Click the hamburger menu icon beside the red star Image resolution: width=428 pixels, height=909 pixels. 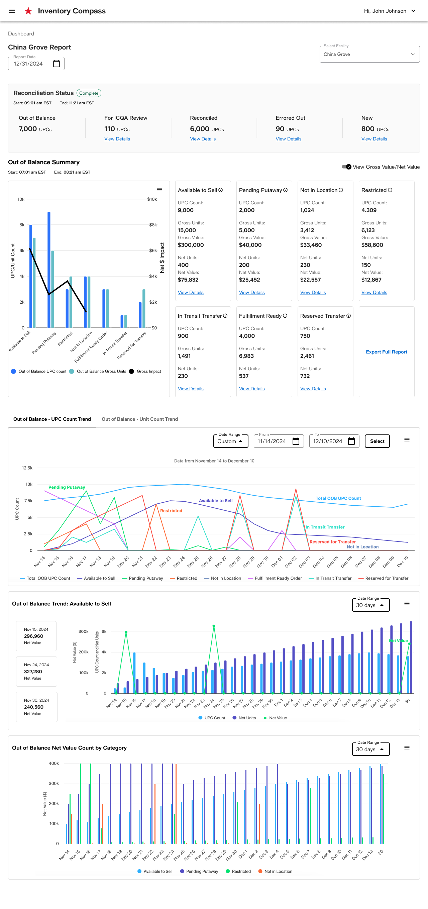(12, 11)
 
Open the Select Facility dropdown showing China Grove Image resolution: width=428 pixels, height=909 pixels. (369, 54)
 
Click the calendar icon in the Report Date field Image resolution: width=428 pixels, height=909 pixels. (57, 64)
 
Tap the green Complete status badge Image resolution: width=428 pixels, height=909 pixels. (89, 93)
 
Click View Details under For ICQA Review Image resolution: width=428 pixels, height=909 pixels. (117, 139)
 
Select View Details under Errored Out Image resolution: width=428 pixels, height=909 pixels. (288, 139)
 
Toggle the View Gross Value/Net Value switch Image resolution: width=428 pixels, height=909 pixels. (346, 167)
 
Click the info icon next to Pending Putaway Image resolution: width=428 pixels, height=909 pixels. (286, 190)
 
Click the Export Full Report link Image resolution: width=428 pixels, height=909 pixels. (386, 352)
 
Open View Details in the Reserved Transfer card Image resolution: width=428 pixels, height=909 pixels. (313, 389)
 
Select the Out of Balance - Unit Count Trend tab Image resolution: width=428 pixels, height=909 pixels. (140, 419)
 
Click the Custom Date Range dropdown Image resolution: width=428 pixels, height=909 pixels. (231, 441)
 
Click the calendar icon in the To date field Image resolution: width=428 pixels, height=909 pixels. (351, 441)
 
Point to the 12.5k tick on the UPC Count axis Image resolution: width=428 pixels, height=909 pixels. (27, 468)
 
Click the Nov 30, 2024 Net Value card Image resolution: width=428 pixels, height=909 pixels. (37, 707)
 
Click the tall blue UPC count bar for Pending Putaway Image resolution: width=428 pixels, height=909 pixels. (49, 270)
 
